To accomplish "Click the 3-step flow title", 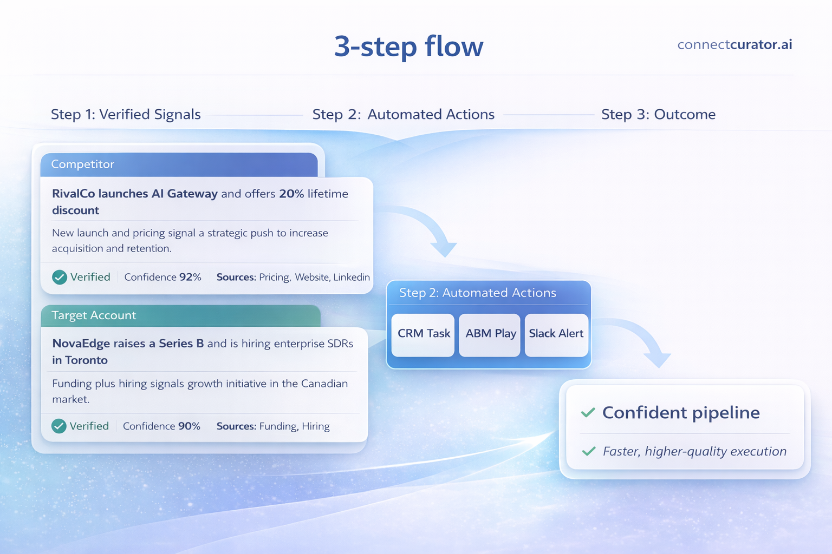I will (x=408, y=47).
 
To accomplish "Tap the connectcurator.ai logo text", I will (x=734, y=44).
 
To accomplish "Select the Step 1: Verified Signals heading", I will (x=126, y=114).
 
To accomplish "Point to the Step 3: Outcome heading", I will (x=658, y=114).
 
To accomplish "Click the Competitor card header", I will (x=179, y=164).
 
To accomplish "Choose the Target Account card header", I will (x=180, y=315).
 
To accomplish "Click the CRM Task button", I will (x=424, y=334).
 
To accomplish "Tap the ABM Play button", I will (x=490, y=334).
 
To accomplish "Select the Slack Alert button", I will (x=556, y=334).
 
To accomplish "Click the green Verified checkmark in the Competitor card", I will (x=60, y=277).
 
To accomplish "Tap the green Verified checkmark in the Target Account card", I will (x=59, y=426).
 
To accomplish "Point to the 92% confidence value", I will (x=190, y=277).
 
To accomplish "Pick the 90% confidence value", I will (x=189, y=426).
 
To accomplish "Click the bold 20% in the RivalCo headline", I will (x=291, y=194).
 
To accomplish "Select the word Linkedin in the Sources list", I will (x=352, y=277).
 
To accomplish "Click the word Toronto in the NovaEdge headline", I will (x=86, y=360).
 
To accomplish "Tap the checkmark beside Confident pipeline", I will (x=588, y=413).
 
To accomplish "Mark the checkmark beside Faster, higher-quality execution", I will (x=589, y=451).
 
